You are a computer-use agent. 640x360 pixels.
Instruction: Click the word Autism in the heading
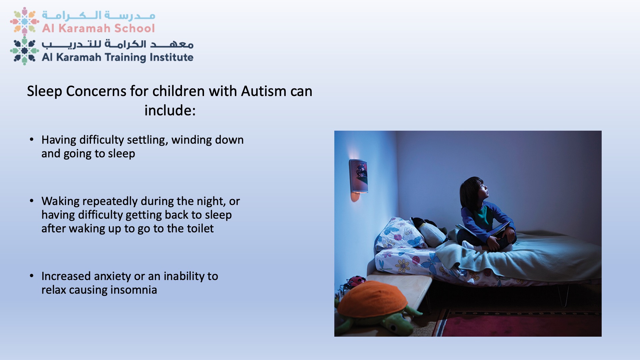264,91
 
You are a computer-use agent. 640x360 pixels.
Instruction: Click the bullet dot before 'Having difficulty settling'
32,139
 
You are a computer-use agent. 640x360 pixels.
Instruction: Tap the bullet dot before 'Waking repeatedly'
32,201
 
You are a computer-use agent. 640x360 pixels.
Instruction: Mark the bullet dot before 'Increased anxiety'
32,276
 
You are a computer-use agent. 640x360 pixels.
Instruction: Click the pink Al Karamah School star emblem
24,21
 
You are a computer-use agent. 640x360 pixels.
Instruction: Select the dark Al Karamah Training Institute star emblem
24,51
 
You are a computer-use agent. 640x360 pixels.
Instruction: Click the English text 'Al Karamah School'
98,28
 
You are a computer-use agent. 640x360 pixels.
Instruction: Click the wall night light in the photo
358,178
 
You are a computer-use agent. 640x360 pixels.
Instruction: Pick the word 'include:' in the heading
170,110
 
